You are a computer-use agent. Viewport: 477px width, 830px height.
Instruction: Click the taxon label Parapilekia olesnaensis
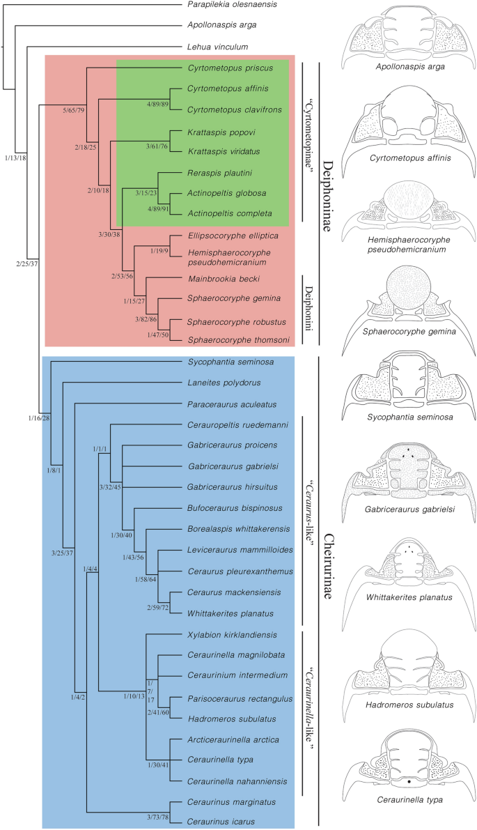(x=233, y=5)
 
